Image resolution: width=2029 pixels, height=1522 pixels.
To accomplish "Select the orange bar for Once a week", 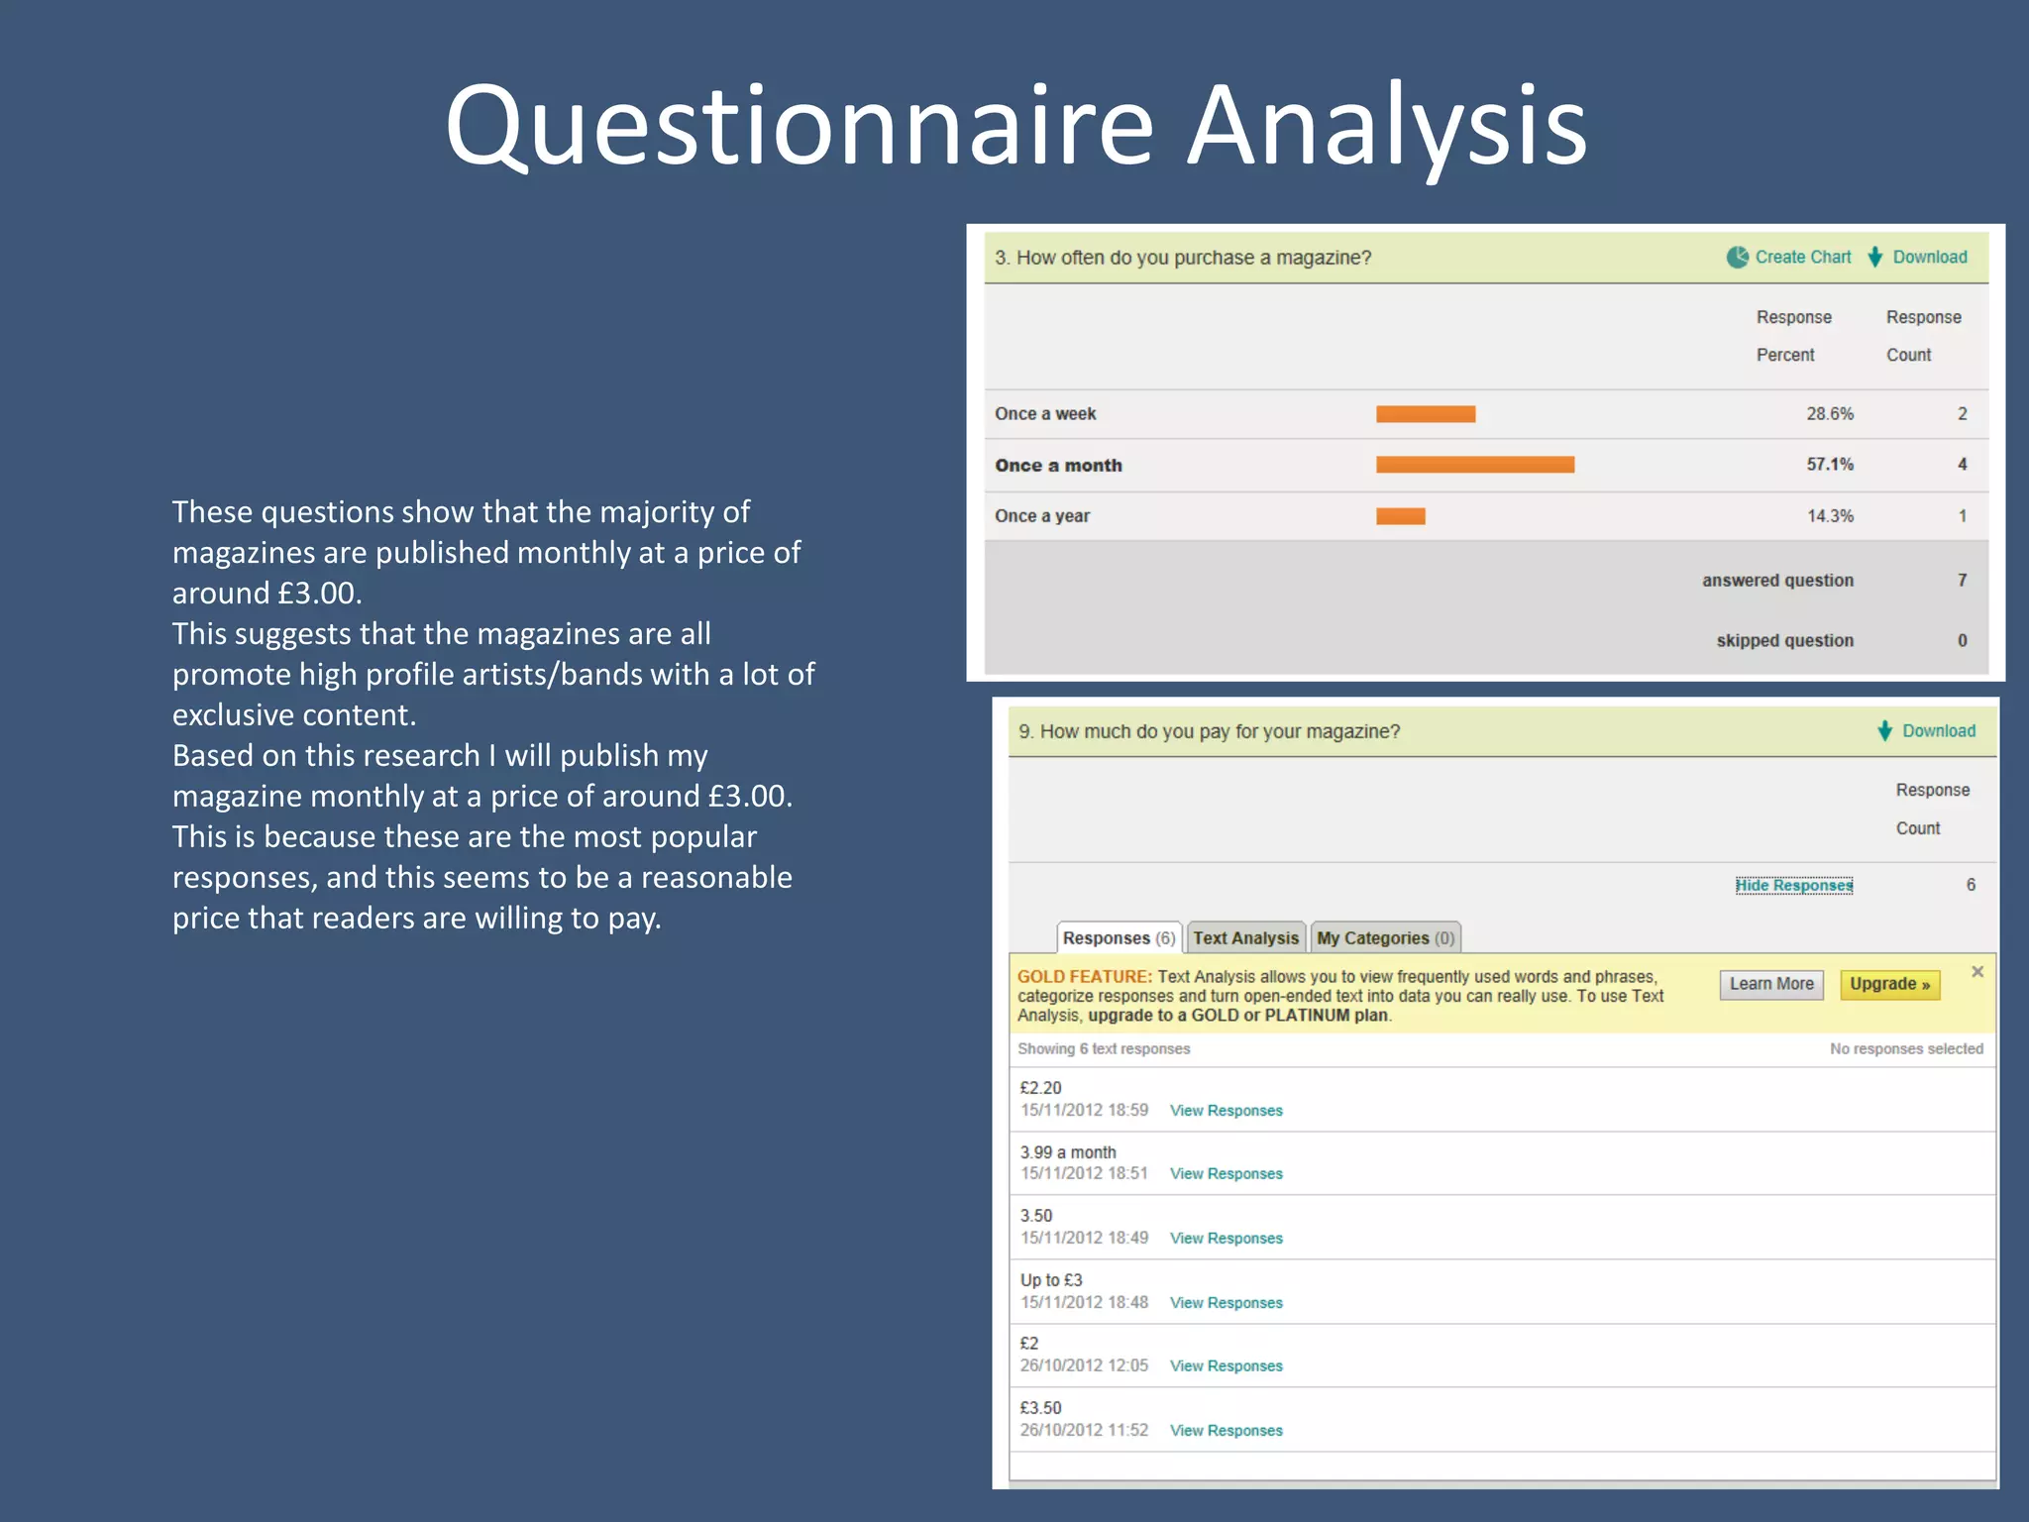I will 1425,414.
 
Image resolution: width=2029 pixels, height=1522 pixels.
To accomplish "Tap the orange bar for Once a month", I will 1474,465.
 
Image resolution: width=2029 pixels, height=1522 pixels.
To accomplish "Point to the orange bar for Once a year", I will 1400,516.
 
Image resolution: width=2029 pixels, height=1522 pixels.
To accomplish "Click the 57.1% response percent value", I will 1829,465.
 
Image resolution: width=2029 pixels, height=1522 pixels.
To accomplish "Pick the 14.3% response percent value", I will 1829,516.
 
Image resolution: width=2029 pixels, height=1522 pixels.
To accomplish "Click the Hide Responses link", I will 1793,885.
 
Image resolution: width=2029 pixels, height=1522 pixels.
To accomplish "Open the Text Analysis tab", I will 1245,938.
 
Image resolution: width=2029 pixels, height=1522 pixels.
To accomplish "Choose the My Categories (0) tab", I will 1385,938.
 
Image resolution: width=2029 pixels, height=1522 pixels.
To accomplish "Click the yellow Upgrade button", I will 1889,984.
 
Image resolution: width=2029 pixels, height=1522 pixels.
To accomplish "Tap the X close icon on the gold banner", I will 1977,972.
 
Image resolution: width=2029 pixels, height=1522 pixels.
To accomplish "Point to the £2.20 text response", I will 1040,1088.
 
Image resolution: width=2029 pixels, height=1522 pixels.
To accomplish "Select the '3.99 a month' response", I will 1068,1152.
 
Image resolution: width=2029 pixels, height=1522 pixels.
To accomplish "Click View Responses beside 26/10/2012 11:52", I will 1226,1431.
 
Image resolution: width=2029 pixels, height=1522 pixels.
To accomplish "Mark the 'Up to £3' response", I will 1051,1280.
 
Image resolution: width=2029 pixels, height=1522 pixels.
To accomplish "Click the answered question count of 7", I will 1962,581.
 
